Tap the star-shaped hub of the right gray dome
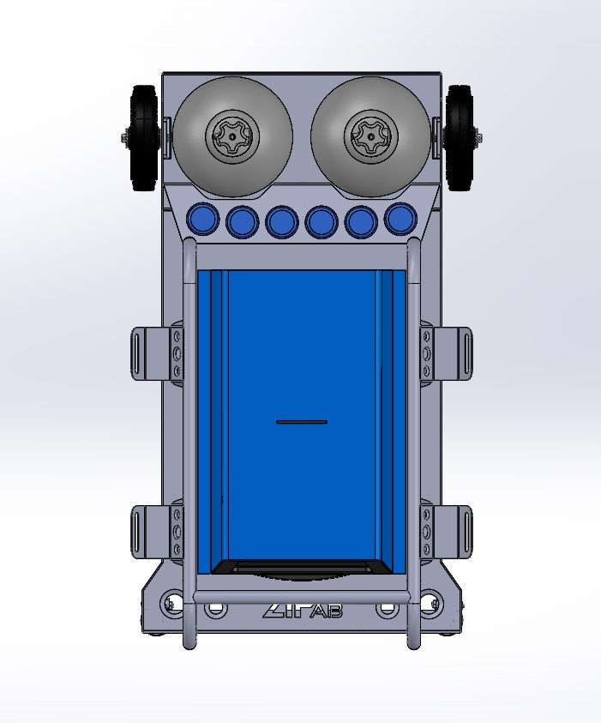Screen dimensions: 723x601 tap(370, 136)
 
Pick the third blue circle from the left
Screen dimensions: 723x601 tap(282, 222)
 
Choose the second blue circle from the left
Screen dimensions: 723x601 tap(243, 222)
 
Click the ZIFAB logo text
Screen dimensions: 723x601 tap(303, 611)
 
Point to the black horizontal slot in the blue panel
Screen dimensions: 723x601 tap(302, 422)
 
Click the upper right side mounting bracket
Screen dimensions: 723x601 tap(454, 352)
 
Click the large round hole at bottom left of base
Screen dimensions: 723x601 tap(175, 603)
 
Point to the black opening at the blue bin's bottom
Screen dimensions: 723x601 tap(302, 567)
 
